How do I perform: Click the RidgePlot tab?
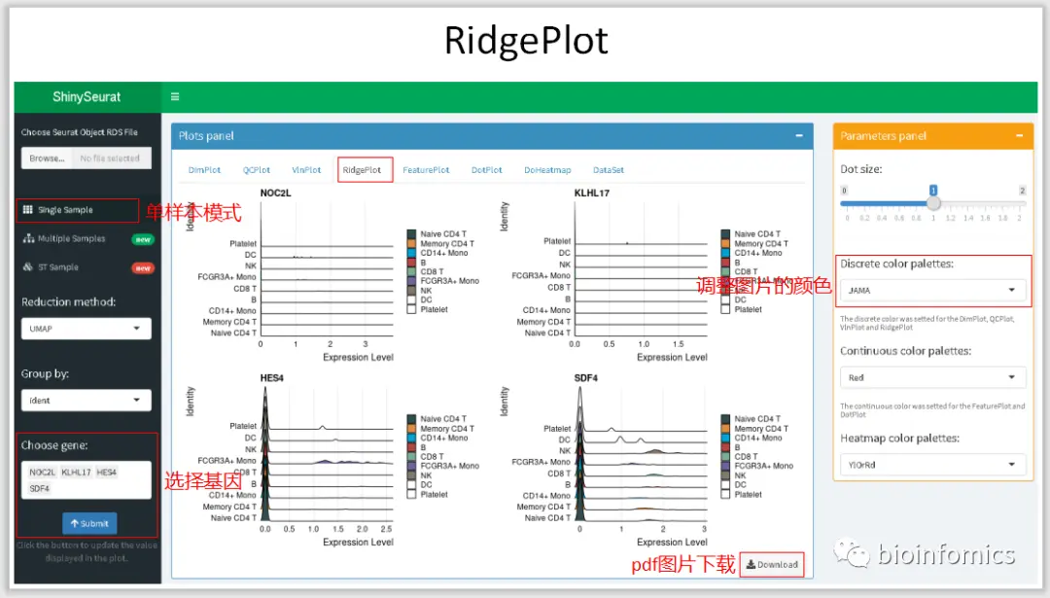point(362,170)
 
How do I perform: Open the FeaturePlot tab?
point(426,170)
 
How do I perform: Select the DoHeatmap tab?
point(547,170)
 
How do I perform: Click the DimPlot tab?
point(205,170)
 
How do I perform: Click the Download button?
point(772,565)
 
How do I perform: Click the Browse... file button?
point(47,158)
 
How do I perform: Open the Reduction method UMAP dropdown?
point(87,329)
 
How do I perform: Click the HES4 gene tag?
point(106,473)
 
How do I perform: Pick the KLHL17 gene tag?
point(76,473)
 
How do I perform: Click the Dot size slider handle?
point(933,203)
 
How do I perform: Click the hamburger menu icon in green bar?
point(175,97)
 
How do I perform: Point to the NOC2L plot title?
point(275,193)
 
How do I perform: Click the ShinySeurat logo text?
point(87,97)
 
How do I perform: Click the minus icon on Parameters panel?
point(1018,136)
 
